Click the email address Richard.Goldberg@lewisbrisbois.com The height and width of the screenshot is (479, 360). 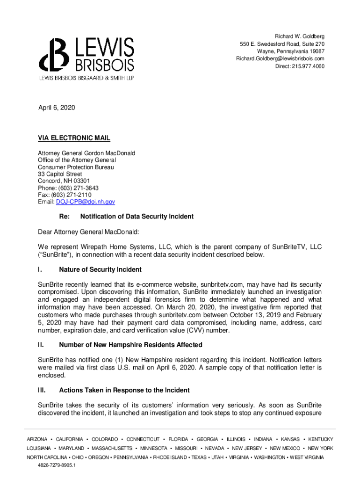tap(280, 58)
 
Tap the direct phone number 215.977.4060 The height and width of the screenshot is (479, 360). tap(308, 66)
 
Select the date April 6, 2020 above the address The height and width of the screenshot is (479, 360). tap(56, 108)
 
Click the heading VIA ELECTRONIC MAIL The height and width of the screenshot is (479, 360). tap(74, 138)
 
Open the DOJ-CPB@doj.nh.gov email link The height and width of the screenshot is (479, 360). tap(85, 202)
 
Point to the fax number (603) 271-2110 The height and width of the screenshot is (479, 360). tap(72, 195)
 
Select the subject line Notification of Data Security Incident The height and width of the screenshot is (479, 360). tap(137, 217)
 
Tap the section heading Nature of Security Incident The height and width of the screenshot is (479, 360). tap(100, 270)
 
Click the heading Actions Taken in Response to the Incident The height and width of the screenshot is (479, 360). tap(124, 390)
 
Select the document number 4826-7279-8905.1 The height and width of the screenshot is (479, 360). tap(57, 465)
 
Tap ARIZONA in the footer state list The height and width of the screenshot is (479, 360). tap(37, 439)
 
